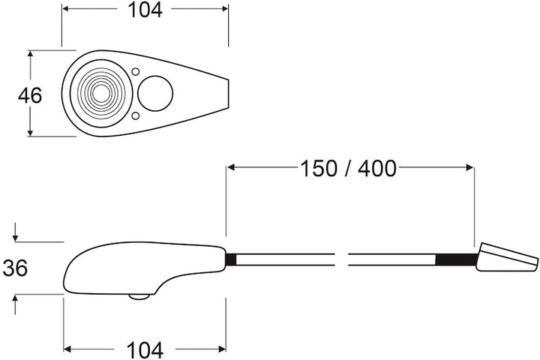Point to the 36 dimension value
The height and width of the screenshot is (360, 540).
pyautogui.click(x=16, y=268)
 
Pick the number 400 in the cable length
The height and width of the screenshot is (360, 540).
pyautogui.click(x=376, y=169)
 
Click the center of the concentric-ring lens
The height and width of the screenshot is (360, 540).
pyautogui.click(x=100, y=94)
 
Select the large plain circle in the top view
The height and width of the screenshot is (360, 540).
pyautogui.click(x=156, y=94)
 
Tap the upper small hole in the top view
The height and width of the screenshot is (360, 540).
pyautogui.click(x=135, y=72)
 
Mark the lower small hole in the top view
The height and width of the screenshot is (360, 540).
pyautogui.click(x=135, y=116)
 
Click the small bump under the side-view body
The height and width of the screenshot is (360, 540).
pyautogui.click(x=138, y=297)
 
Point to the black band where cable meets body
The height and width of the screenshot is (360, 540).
pyautogui.click(x=231, y=259)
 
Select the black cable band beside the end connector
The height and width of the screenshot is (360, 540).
pyautogui.click(x=455, y=260)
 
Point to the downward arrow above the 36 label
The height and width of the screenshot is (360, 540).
pyautogui.click(x=16, y=235)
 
